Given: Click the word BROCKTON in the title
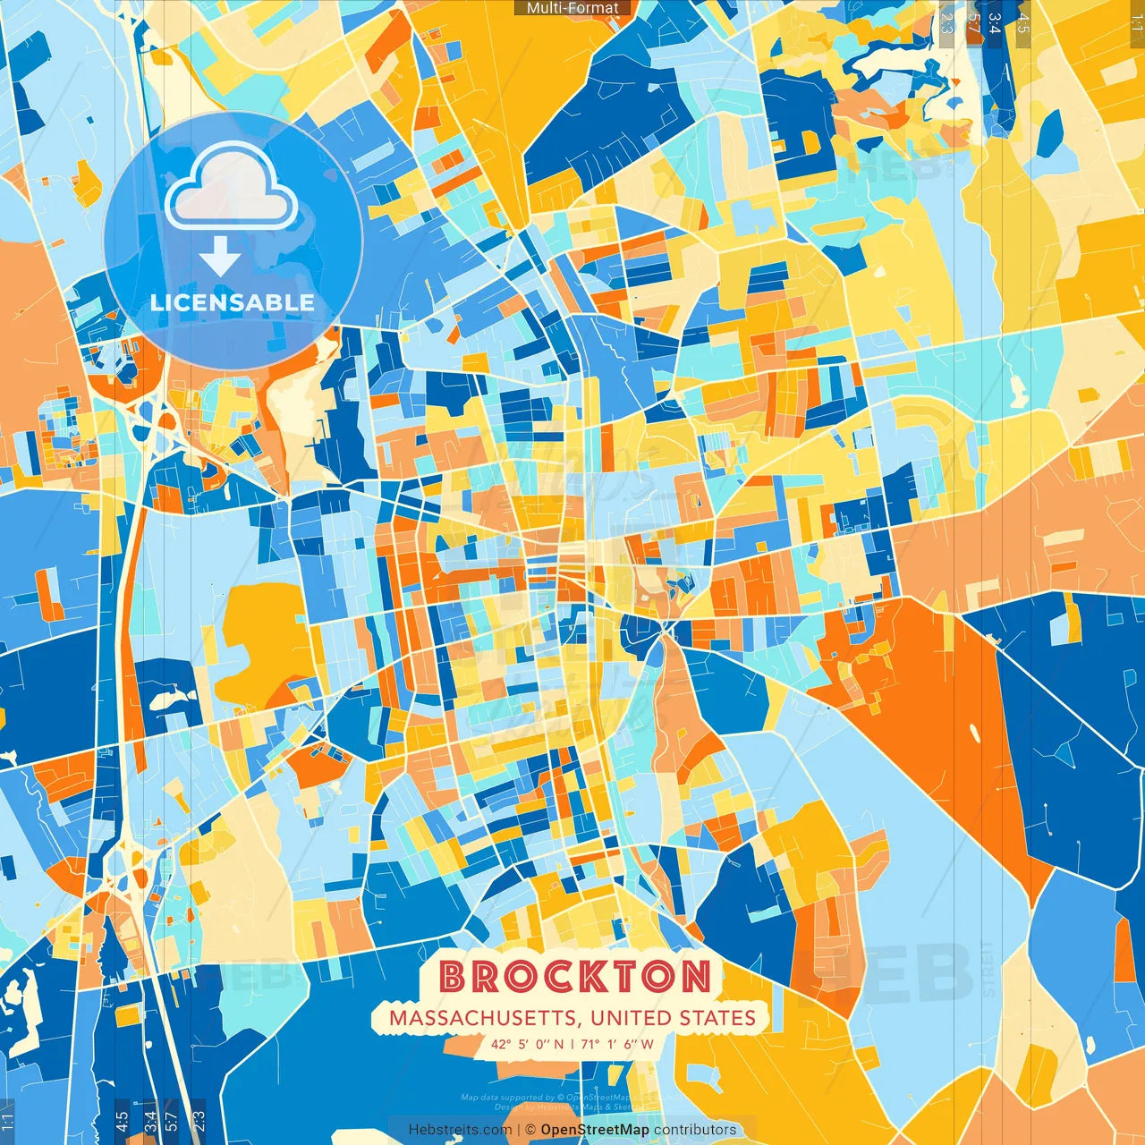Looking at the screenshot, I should tap(575, 976).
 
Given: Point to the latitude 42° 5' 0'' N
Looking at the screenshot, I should tap(527, 1044).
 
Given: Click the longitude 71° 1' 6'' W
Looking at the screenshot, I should tap(617, 1044).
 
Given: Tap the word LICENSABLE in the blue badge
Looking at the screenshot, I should tap(233, 302).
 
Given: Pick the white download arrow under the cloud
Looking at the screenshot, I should tap(220, 257).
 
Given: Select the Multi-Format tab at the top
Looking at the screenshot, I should tap(572, 8).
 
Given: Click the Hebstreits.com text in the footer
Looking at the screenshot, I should tap(460, 1130).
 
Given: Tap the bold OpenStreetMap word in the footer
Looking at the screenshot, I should tap(595, 1130).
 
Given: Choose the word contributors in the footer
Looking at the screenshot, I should tap(695, 1130).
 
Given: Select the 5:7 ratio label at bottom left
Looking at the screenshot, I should tap(172, 1121).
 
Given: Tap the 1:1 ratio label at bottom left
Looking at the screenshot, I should tap(7, 1121).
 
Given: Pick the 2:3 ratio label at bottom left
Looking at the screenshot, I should tap(199, 1121).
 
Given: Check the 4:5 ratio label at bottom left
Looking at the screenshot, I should tap(122, 1121).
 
